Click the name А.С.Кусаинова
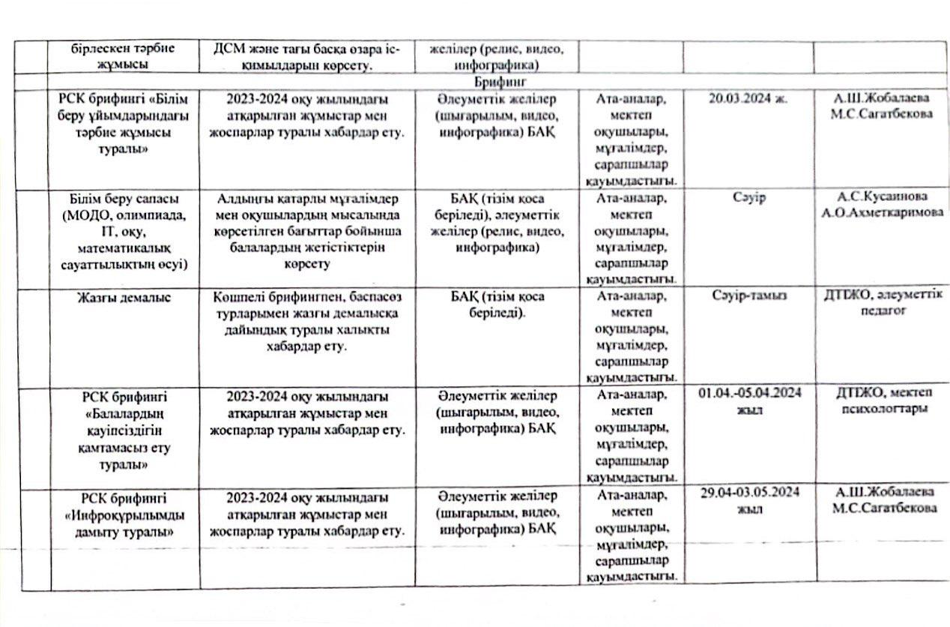point(881,196)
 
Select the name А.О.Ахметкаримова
point(881,211)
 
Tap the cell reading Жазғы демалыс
point(124,297)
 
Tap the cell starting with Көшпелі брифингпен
point(306,321)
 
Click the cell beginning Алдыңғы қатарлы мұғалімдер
point(306,231)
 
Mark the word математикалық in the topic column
point(124,247)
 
